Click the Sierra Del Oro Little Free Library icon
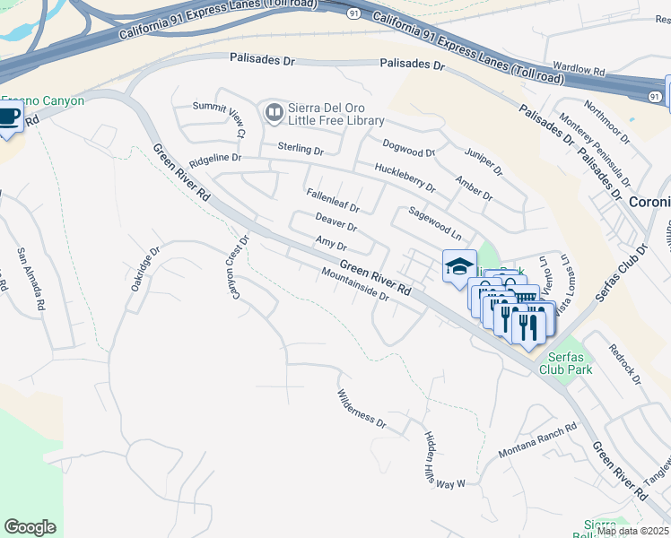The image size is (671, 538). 273,112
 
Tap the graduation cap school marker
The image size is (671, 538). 458,266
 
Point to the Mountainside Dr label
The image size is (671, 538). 353,285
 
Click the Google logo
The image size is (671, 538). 30,527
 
